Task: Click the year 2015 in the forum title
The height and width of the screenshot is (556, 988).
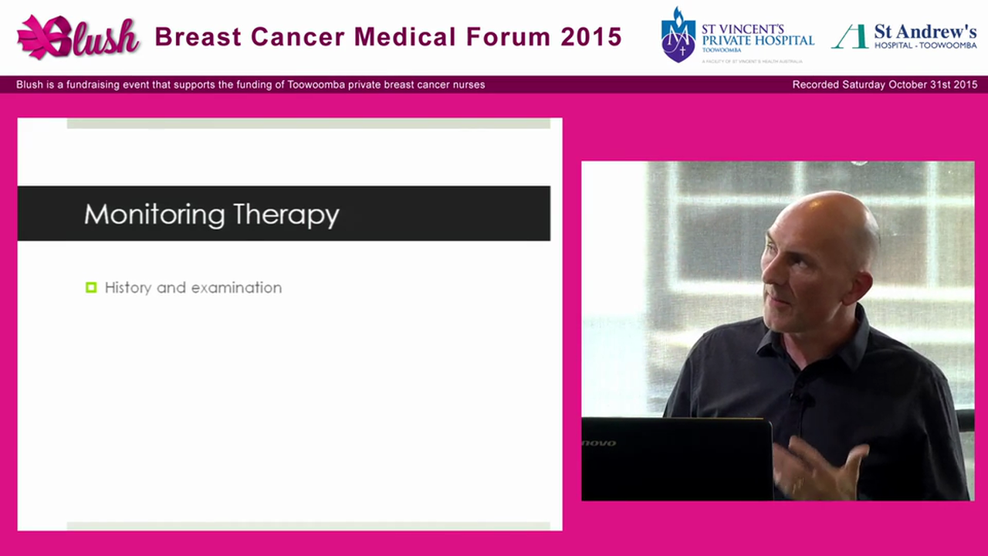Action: click(591, 36)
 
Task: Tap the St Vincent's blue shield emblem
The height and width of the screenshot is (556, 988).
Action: click(678, 36)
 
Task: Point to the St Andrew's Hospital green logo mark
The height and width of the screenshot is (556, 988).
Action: click(850, 36)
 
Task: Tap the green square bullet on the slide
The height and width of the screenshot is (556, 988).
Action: click(91, 287)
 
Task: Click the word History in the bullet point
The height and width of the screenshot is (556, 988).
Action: click(129, 287)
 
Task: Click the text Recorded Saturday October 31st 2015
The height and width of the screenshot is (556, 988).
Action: click(885, 85)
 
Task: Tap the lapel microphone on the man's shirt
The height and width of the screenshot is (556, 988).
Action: click(804, 399)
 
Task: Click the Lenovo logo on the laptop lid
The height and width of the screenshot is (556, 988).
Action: click(599, 443)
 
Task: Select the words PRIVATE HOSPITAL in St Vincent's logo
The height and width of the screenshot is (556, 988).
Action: click(757, 40)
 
